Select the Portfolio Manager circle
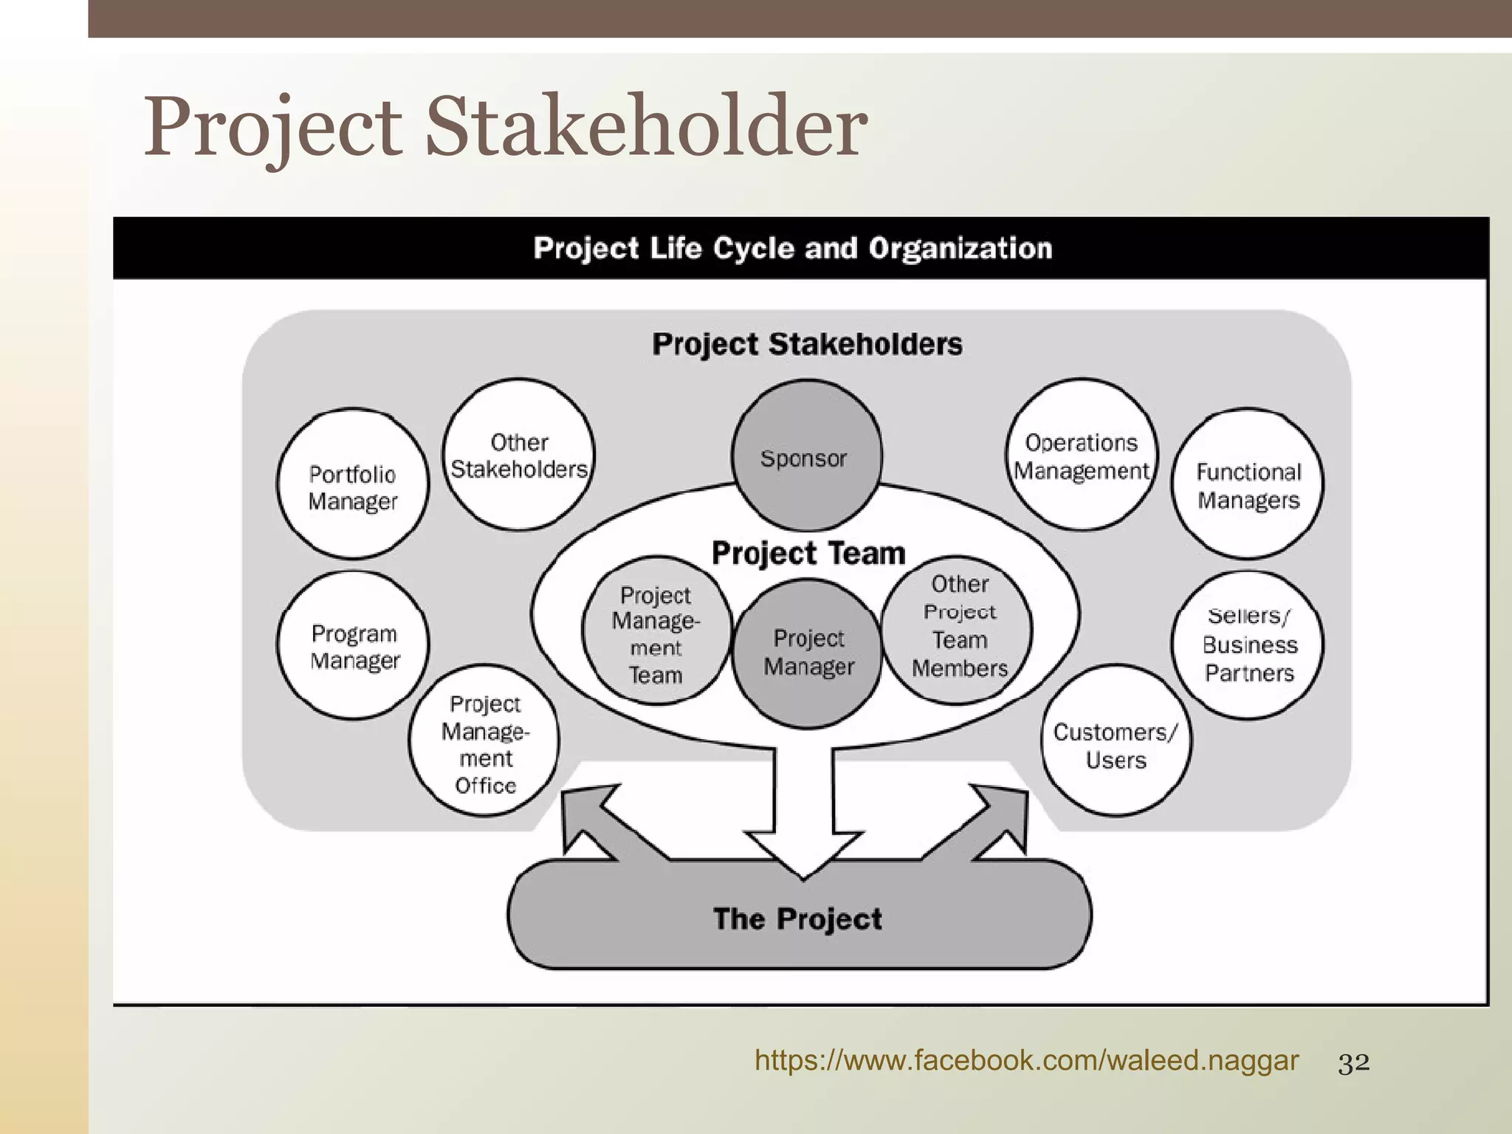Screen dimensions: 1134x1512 353,484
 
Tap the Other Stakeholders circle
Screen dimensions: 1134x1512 519,454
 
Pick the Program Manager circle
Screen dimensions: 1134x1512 354,645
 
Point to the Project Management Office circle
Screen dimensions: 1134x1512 484,742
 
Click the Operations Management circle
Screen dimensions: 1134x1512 1082,455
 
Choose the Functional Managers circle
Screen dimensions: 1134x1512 1248,484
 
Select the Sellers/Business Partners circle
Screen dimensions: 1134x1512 1248,645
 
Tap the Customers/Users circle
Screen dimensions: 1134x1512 1116,740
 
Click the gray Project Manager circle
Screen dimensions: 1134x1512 808,653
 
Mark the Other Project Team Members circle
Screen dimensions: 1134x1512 958,628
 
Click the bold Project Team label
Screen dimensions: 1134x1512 808,553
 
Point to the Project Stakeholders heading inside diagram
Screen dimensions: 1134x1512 807,344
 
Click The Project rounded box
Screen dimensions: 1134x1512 799,920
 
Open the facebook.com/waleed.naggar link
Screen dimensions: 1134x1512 1026,1061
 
